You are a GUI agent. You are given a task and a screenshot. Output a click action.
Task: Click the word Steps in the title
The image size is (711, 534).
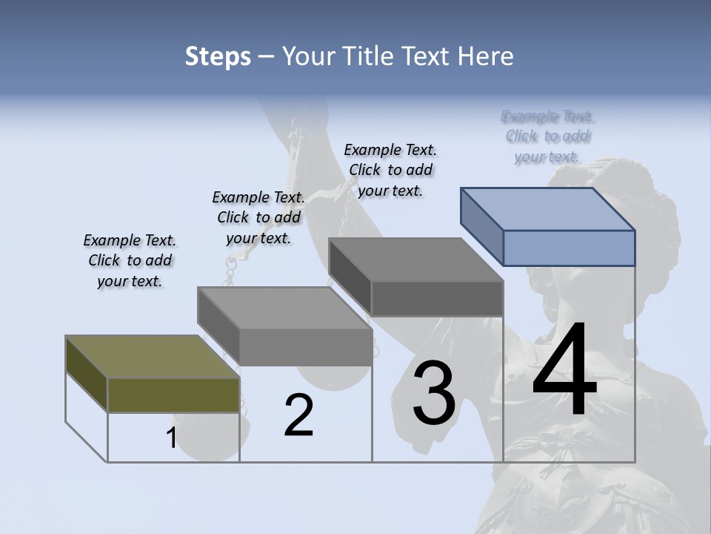point(218,56)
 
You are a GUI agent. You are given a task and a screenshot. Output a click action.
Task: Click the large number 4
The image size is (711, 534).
point(564,371)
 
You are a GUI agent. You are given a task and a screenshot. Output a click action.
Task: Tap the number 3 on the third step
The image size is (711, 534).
point(434,393)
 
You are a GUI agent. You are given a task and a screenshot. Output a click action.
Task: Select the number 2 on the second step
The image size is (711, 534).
point(298,415)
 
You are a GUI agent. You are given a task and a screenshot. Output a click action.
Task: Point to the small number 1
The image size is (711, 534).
point(171,438)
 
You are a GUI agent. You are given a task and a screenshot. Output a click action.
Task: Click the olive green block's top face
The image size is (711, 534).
point(152,357)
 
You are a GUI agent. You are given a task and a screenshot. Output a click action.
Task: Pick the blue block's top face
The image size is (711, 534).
point(548,208)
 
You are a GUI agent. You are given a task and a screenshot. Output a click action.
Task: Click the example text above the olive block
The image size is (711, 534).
point(130,260)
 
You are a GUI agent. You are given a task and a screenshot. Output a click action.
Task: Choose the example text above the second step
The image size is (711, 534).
point(258,217)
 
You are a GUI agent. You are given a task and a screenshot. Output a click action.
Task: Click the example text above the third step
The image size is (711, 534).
point(390,170)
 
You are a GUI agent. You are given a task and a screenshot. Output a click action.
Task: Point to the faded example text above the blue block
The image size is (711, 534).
point(548,136)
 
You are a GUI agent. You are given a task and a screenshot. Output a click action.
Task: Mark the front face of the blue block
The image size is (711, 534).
point(569,248)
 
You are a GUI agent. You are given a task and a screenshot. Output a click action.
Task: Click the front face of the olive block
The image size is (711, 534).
point(173,395)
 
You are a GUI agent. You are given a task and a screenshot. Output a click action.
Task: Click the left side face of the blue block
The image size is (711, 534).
point(481,226)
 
